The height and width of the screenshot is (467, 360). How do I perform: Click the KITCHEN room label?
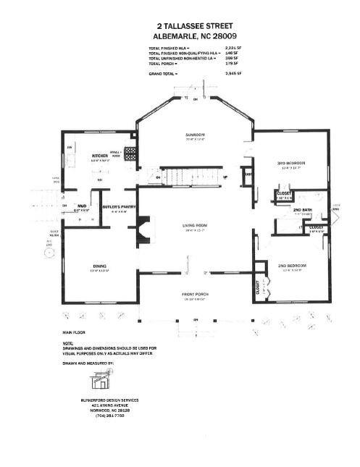99,156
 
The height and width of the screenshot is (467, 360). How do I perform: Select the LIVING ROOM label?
196,226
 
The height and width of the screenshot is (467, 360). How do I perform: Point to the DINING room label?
99,266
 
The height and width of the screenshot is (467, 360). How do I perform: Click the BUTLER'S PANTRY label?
119,207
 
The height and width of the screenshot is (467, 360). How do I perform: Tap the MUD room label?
82,206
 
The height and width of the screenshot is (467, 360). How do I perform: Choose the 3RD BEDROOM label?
291,163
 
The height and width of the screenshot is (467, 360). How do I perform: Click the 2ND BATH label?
302,209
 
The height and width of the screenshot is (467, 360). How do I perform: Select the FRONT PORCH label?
195,294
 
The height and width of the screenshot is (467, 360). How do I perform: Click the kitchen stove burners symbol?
131,153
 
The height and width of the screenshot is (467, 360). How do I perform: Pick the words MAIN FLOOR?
75,331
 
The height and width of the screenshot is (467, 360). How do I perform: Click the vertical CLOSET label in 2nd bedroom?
258,287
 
